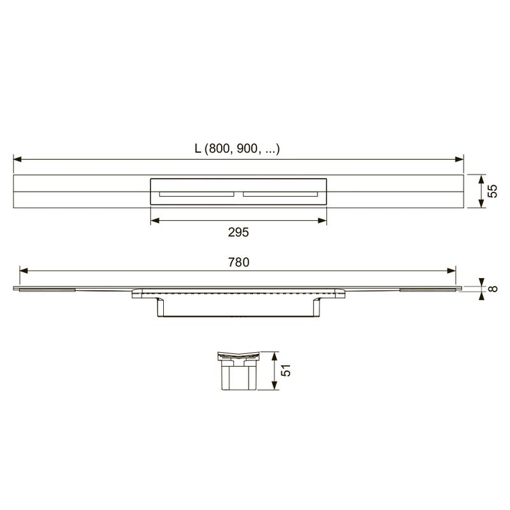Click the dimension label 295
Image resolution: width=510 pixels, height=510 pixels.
click(238, 232)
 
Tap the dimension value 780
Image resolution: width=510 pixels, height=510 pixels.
click(238, 262)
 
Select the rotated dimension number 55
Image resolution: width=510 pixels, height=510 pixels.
click(492, 191)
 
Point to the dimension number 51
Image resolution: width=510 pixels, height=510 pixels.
click(286, 371)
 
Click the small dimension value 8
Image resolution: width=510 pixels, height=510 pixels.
click(493, 288)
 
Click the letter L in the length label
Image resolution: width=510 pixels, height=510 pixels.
click(198, 148)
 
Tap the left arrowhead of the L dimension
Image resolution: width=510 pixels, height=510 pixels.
click(18, 159)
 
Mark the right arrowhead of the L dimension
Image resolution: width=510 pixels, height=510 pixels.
click(460, 159)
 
